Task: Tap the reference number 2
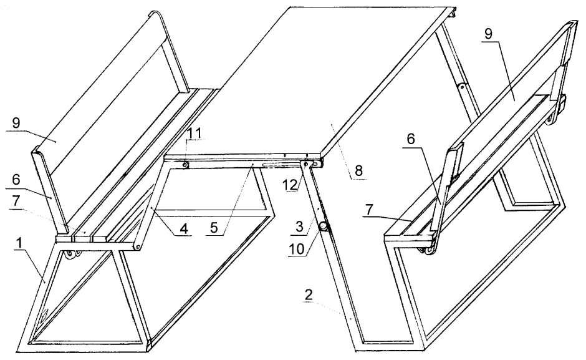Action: pos(308,295)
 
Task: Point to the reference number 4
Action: pos(183,228)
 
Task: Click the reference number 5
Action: pos(214,228)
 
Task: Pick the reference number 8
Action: pos(358,171)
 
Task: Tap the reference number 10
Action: pos(297,249)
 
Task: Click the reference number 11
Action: pos(195,133)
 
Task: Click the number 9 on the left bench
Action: pos(16,124)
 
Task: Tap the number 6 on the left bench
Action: pos(16,179)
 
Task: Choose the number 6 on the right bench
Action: pos(411,139)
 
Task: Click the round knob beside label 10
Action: pos(323,226)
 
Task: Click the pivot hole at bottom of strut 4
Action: pos(138,247)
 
